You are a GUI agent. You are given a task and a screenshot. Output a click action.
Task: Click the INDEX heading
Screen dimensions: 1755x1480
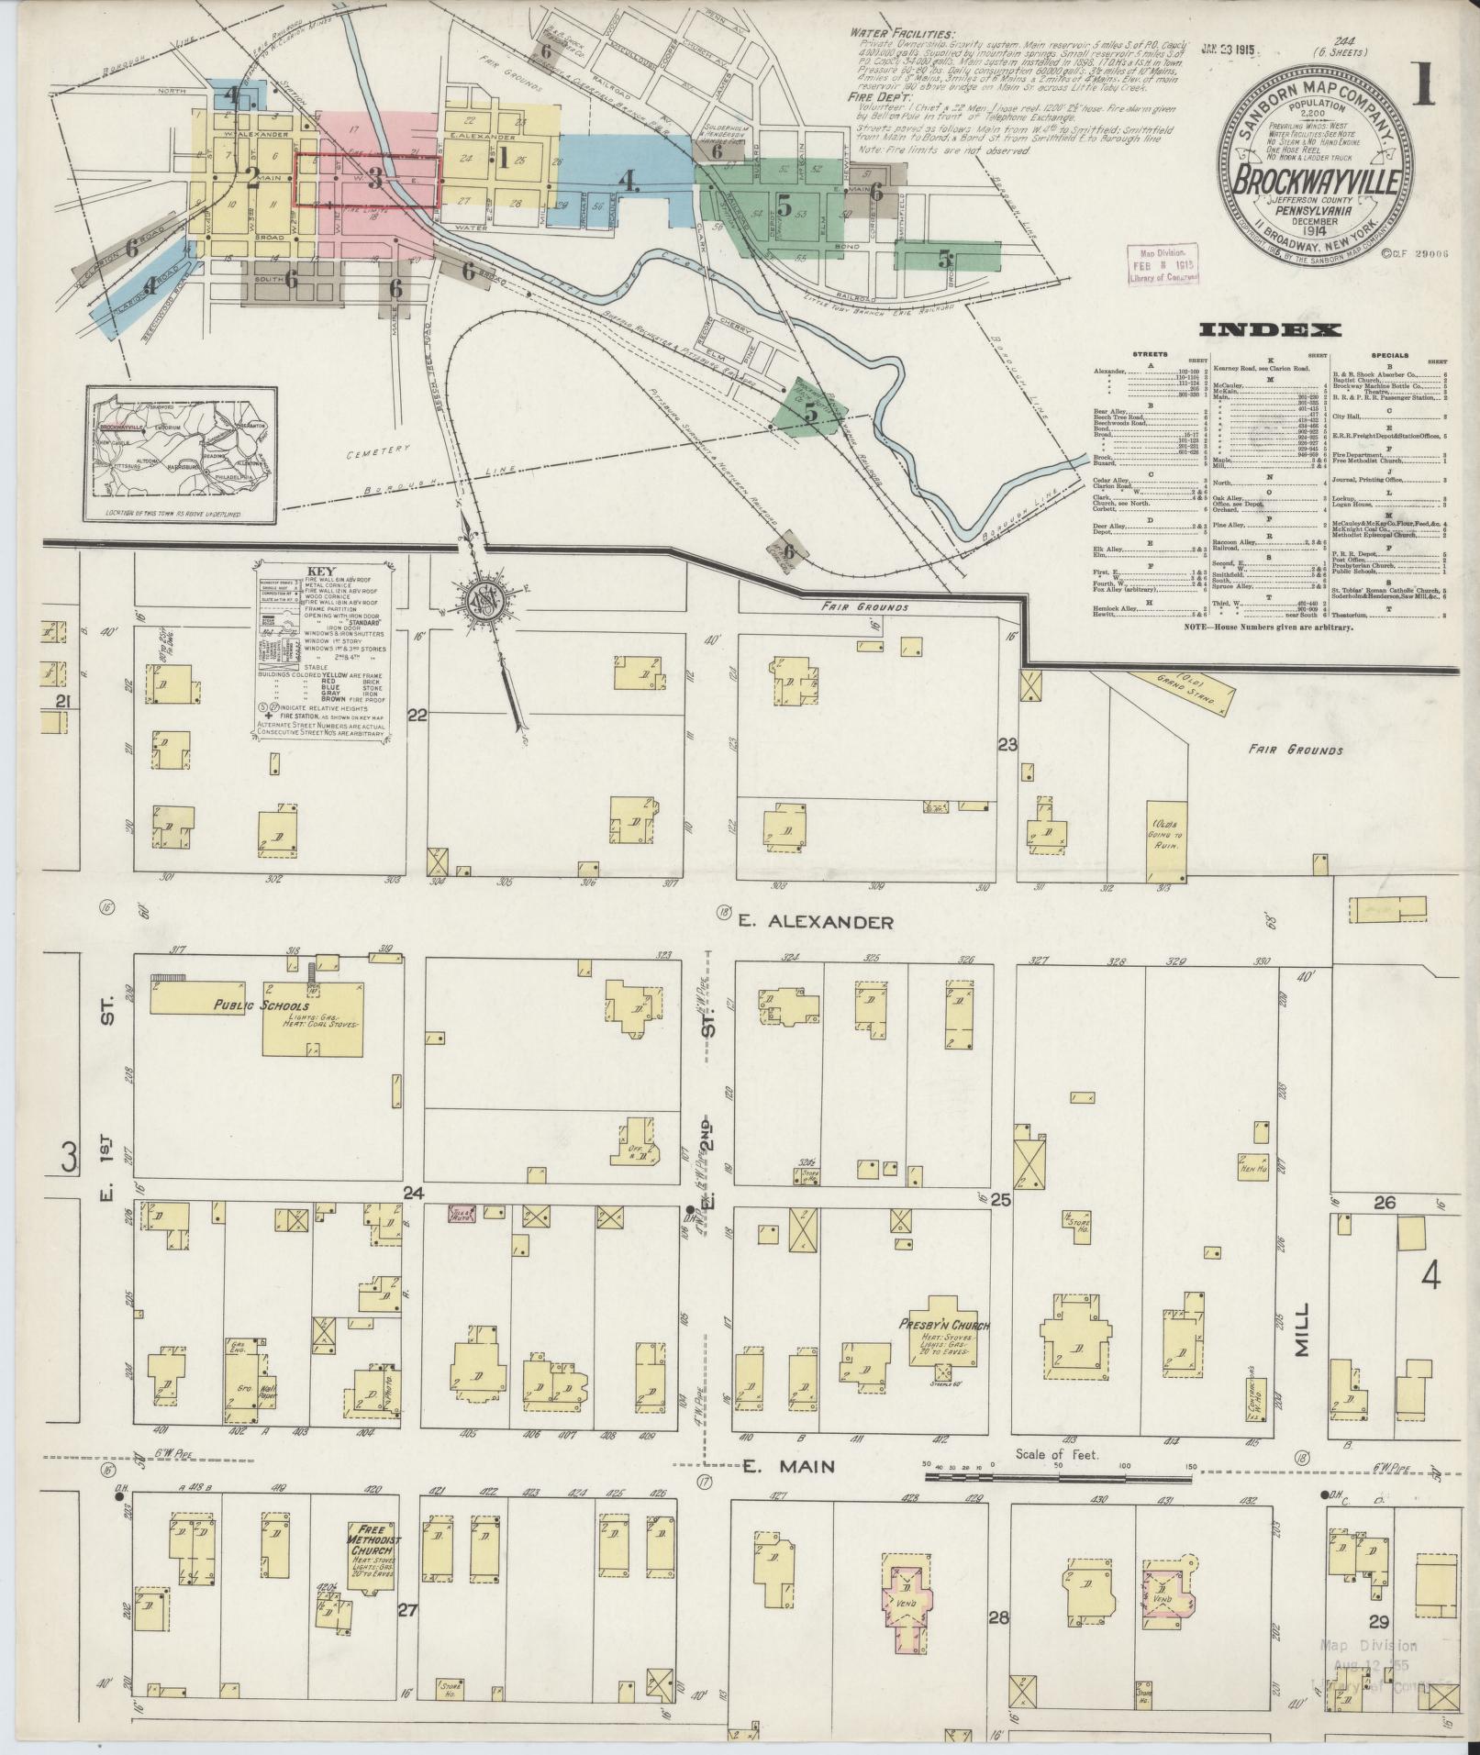click(x=1268, y=330)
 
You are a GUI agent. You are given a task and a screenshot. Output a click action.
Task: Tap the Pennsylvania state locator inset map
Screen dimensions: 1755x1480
click(x=182, y=454)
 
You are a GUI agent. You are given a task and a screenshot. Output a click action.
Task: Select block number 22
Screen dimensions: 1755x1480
click(x=417, y=716)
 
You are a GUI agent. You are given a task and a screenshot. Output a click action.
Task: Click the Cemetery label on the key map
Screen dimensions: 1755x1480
click(x=378, y=454)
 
